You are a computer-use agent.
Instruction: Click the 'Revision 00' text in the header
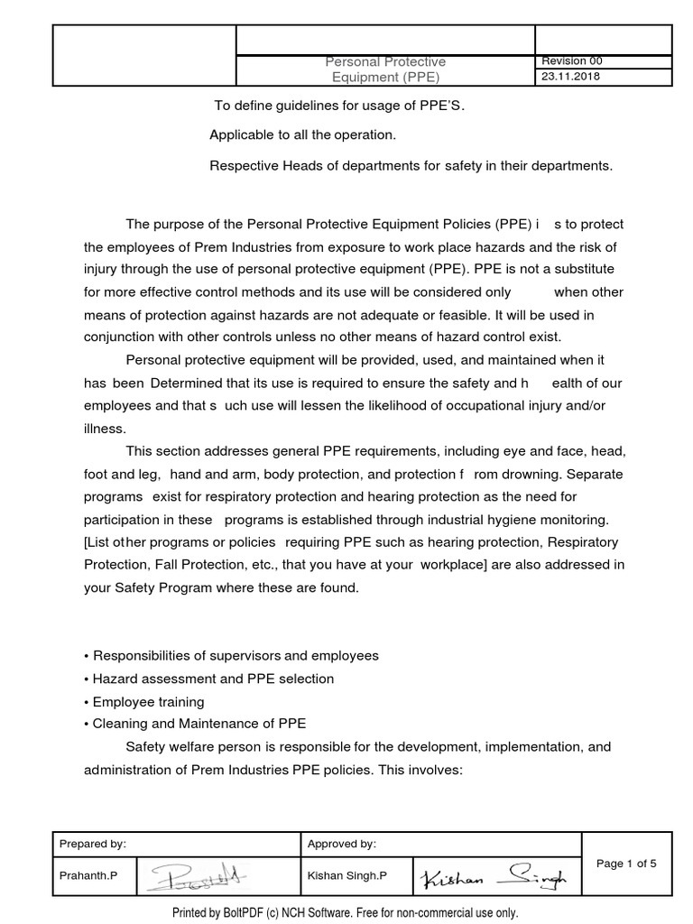571,61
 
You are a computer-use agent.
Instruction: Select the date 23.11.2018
570,77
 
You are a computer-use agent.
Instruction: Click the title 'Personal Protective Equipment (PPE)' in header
385,69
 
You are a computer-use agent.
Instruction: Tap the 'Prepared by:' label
93,844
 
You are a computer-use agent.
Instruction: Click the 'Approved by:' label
342,844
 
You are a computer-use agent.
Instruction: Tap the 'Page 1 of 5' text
626,864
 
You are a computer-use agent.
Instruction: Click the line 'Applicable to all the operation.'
302,135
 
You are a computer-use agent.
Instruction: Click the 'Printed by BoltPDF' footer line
346,912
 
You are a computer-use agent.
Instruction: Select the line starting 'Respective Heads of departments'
411,165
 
